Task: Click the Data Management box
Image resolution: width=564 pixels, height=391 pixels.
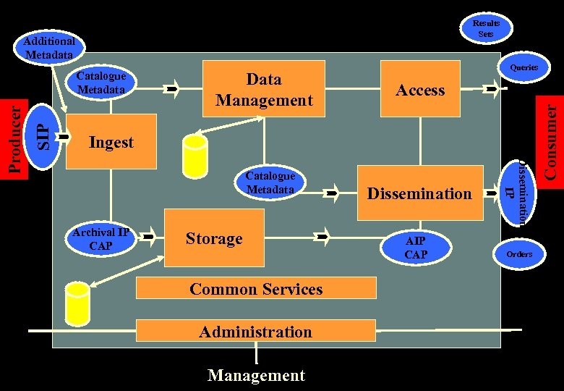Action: click(x=264, y=90)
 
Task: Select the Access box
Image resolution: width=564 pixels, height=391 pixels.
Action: click(x=420, y=90)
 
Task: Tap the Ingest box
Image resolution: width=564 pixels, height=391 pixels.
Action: click(x=111, y=142)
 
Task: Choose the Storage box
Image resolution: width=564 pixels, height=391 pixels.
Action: click(x=214, y=238)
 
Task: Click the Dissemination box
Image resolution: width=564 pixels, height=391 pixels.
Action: click(x=419, y=193)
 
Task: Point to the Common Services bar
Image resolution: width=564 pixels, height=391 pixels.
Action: click(x=256, y=289)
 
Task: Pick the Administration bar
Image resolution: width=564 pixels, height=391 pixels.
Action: click(x=256, y=332)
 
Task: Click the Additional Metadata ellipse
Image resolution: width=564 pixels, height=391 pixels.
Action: click(x=49, y=48)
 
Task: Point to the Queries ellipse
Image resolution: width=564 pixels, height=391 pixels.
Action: click(x=524, y=67)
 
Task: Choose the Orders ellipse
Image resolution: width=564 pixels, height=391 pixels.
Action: click(x=519, y=253)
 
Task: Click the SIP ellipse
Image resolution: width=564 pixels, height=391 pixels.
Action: click(x=46, y=135)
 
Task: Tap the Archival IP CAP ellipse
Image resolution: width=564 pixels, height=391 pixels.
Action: click(x=101, y=239)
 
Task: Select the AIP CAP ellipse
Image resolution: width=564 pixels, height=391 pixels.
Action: click(x=416, y=248)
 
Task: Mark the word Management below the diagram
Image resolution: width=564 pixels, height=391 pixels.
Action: click(x=256, y=376)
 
